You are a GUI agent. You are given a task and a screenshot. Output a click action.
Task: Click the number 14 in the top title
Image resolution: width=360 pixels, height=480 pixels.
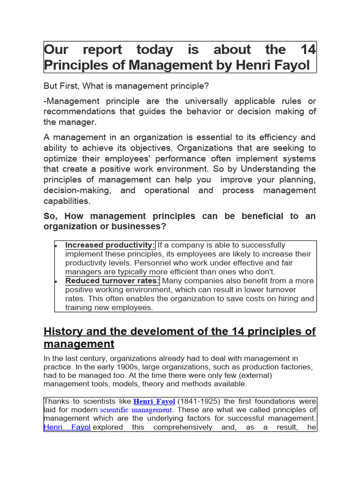[308, 50]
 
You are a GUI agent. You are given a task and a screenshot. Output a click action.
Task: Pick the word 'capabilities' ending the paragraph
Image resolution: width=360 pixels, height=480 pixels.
[67, 201]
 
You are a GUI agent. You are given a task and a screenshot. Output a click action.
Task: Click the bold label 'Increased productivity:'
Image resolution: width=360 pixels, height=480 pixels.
[110, 245]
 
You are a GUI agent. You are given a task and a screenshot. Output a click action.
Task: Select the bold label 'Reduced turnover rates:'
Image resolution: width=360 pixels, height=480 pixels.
[112, 281]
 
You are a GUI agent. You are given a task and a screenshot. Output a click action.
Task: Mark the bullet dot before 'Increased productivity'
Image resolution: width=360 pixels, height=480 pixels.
[56, 246]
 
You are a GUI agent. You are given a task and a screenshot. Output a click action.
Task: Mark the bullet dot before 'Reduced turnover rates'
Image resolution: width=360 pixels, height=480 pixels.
[56, 281]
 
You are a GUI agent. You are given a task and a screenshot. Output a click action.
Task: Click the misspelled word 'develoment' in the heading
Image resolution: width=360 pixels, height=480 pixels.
[155, 332]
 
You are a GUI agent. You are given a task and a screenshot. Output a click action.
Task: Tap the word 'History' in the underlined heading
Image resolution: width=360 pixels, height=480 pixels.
[62, 332]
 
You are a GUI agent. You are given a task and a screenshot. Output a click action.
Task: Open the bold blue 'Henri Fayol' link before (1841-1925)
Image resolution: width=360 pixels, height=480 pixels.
[154, 402]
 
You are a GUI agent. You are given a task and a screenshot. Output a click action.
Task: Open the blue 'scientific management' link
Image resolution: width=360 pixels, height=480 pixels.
[136, 410]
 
